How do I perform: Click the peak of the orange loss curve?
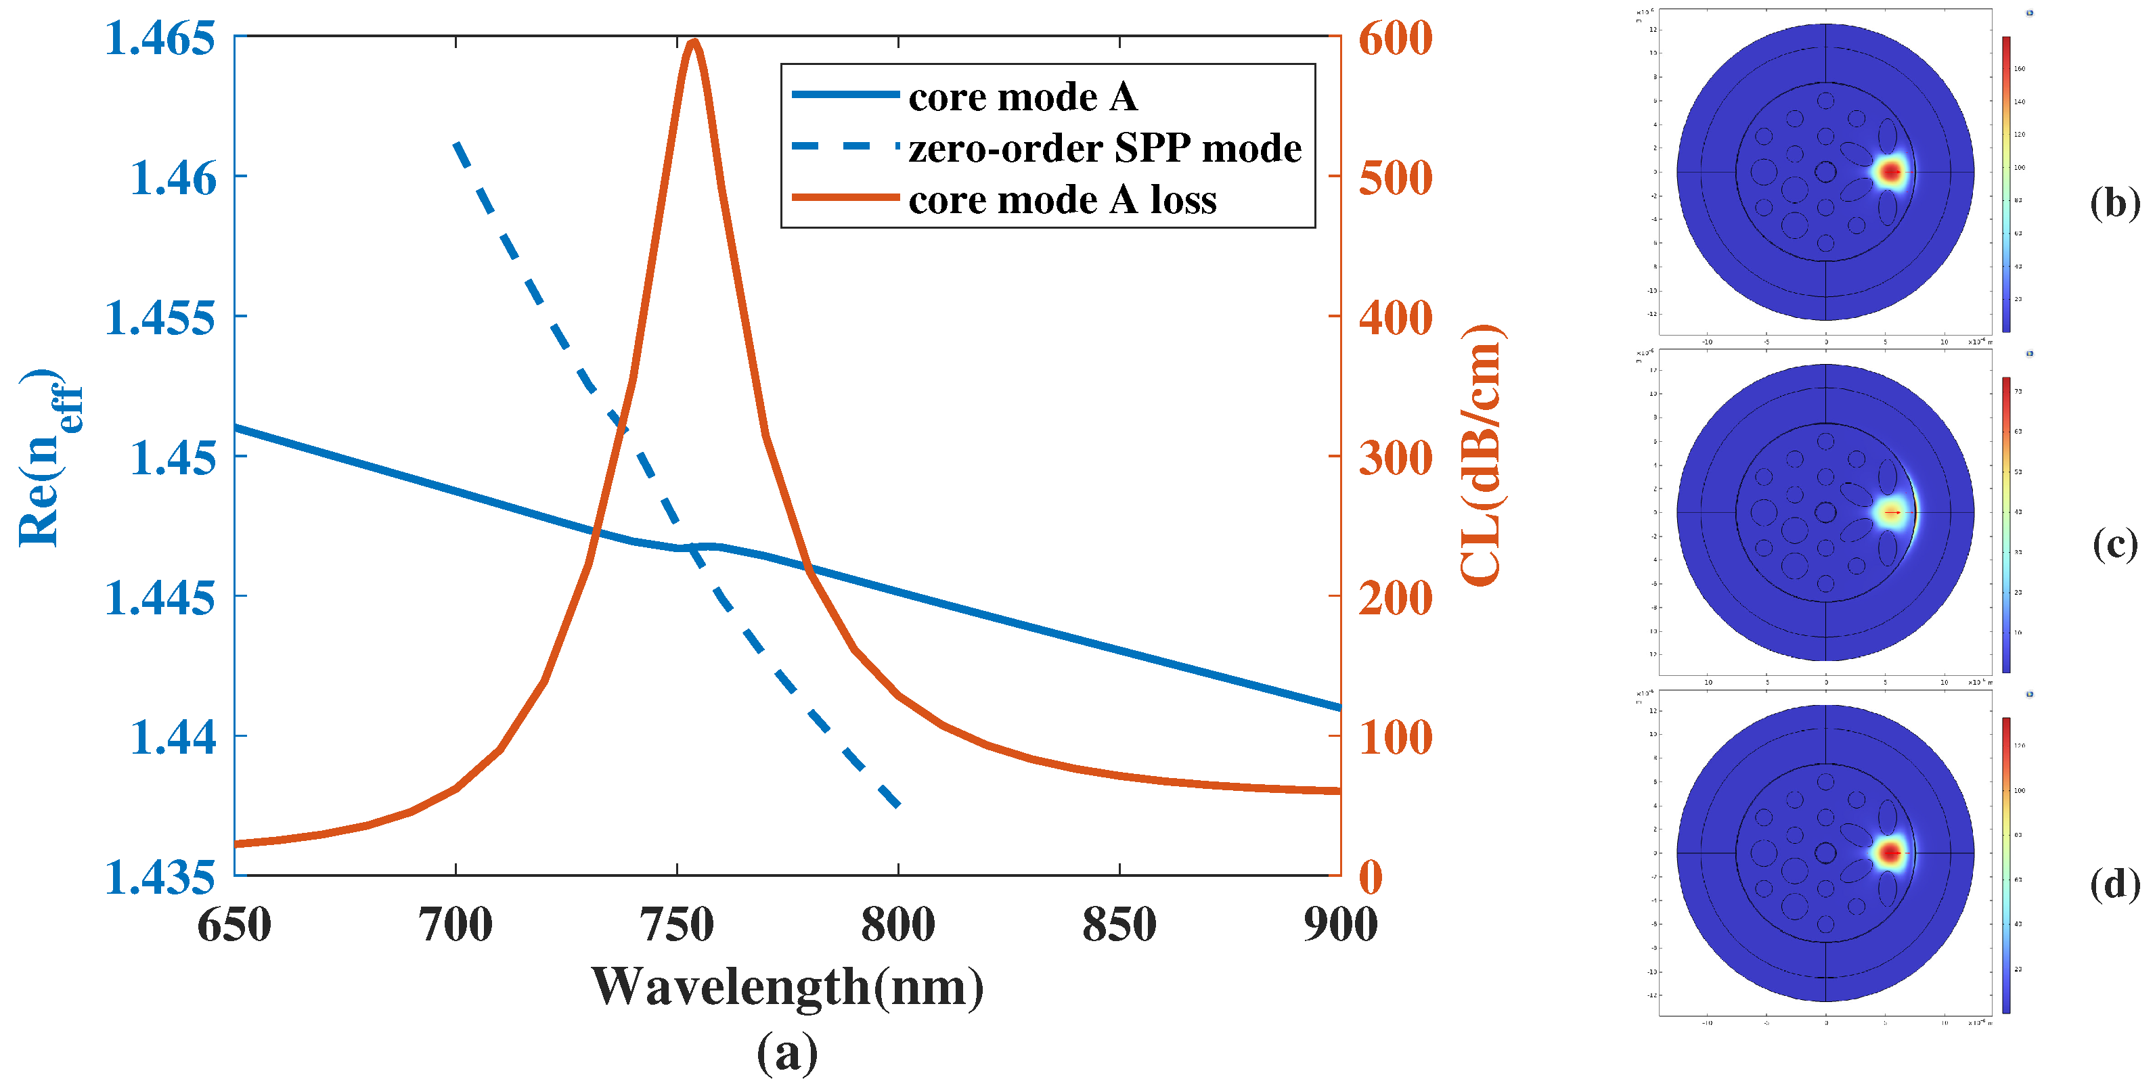pos(692,42)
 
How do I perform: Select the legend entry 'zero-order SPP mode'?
pos(1105,148)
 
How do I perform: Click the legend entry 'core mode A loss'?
pos(1062,200)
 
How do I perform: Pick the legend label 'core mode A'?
pos(1022,97)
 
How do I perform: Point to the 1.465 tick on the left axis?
pos(159,39)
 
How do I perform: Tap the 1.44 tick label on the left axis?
pos(173,737)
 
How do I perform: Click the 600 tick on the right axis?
pos(1394,39)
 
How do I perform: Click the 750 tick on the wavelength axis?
pos(677,925)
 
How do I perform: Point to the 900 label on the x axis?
pos(1340,925)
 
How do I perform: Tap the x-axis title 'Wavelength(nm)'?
pos(787,988)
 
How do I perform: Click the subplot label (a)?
pos(787,1053)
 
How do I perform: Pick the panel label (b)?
pos(2114,203)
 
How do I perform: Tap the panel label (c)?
pos(2114,545)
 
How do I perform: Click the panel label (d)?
pos(2114,884)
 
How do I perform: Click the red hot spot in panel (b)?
pos(1890,173)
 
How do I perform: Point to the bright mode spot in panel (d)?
pos(1890,854)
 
